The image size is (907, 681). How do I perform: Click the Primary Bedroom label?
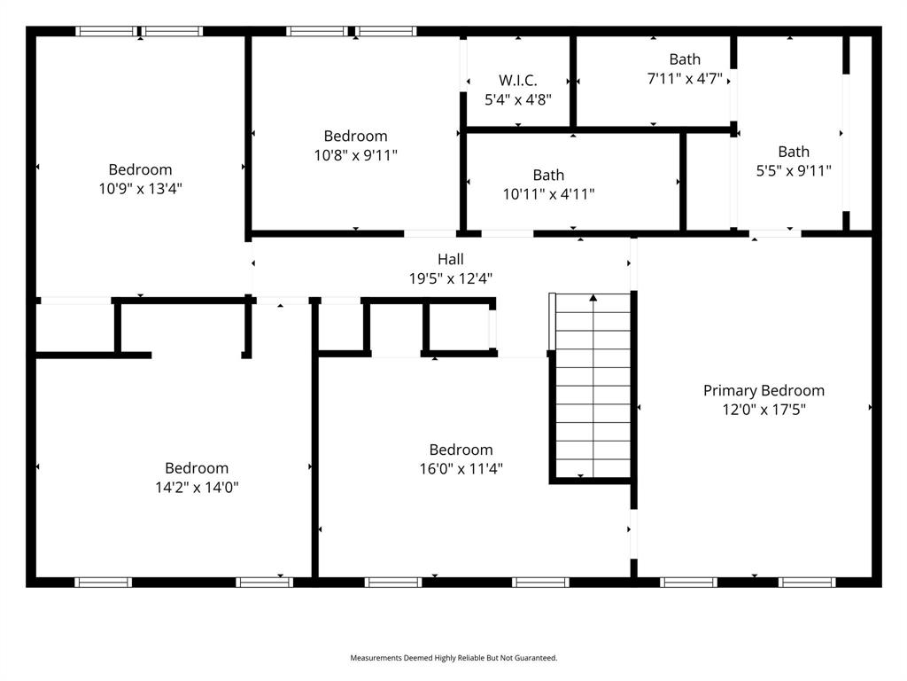coord(764,390)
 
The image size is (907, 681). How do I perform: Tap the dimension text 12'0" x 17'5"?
coord(764,410)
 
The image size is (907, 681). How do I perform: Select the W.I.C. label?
coord(518,80)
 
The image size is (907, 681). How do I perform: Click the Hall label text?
coord(450,259)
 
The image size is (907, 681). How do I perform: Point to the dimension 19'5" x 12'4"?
coord(450,278)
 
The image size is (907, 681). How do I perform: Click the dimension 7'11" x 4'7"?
coord(685,78)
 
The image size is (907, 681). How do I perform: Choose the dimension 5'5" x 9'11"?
coord(794,171)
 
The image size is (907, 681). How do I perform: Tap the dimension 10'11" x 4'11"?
coord(548,194)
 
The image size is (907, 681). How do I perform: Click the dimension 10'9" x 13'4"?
coord(140,188)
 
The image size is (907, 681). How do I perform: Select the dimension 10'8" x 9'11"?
coord(355,155)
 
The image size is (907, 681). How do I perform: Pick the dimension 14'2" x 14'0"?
coord(197,487)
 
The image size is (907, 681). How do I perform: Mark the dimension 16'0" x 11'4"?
coord(461,469)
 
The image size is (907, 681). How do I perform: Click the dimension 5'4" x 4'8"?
coord(518,99)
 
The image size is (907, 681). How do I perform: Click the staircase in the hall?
coord(593,390)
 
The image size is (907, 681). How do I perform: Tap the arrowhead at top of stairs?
coord(593,298)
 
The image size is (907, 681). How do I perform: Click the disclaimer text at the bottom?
coord(453,658)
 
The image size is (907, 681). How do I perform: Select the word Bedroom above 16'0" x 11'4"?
coord(461,450)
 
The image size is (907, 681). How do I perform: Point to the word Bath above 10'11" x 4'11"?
coord(548,175)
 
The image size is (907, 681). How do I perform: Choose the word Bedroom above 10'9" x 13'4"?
coord(140,169)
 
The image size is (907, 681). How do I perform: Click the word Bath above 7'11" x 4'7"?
coord(685,59)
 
